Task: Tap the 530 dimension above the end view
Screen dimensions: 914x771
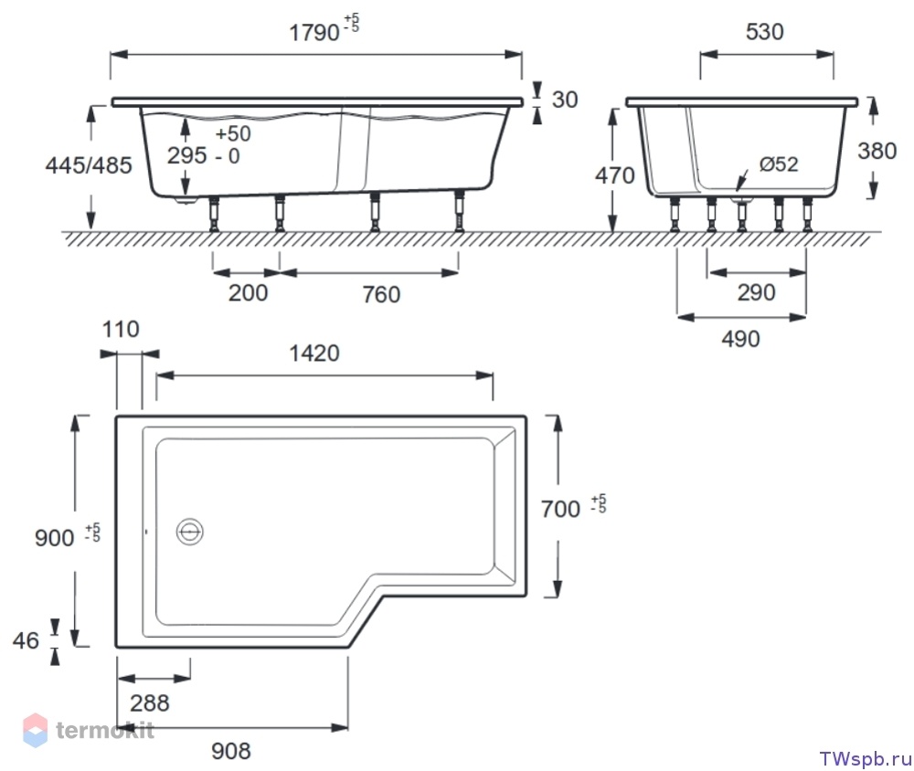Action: point(764,31)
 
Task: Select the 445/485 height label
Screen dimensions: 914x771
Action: point(89,165)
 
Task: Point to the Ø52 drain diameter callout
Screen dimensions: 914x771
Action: point(778,164)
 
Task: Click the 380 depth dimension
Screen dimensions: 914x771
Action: point(877,151)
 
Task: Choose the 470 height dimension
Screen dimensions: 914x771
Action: point(614,174)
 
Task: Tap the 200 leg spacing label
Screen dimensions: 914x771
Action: point(248,292)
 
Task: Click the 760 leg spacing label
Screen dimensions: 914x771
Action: point(381,294)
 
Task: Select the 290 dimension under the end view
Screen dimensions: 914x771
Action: point(756,292)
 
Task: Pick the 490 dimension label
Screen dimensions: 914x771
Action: point(740,339)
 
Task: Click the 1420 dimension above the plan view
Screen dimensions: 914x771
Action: point(314,354)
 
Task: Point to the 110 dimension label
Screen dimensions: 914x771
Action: point(121,329)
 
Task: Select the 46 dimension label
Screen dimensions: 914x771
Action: point(26,640)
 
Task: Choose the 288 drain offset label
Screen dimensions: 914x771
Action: point(149,702)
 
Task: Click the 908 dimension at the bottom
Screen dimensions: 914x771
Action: point(231,751)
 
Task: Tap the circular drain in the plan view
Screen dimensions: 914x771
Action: point(189,532)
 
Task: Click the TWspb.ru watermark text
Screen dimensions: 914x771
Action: point(865,759)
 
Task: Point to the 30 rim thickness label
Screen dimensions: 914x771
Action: point(564,100)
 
